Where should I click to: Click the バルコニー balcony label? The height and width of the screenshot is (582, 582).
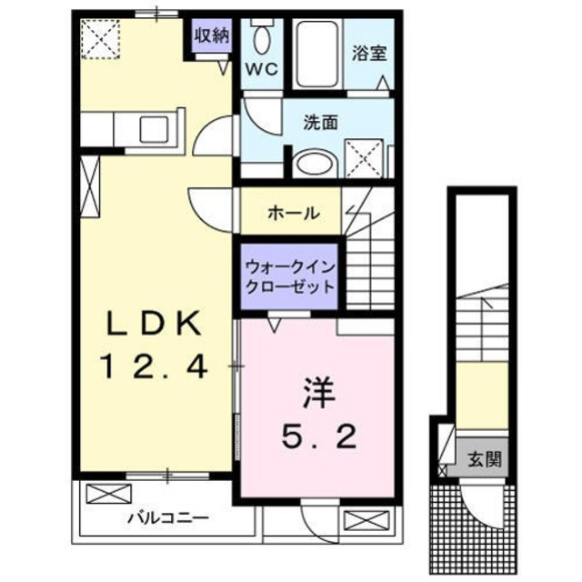167,517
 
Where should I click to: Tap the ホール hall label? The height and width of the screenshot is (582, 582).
293,214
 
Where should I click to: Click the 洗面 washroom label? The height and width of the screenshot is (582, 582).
321,122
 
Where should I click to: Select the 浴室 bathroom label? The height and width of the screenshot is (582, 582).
370,52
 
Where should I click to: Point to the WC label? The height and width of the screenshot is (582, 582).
263,70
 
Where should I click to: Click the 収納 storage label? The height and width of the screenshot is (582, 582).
210,35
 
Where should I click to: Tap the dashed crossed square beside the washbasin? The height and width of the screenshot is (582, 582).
367,160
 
